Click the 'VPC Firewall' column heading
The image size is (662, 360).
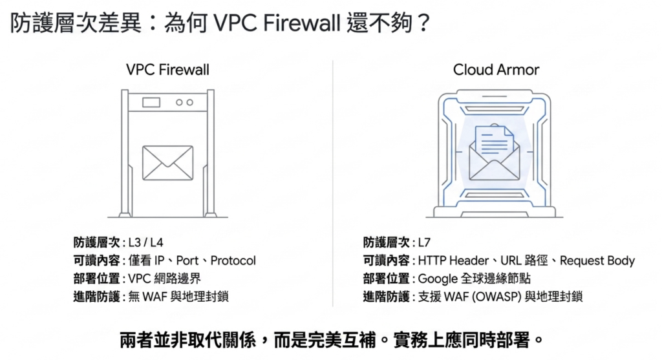click(x=167, y=70)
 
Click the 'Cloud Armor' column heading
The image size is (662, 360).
click(x=496, y=70)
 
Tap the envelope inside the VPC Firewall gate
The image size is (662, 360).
click(x=167, y=162)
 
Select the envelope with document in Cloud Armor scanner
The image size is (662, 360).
click(x=494, y=153)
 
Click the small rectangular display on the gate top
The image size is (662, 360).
click(x=151, y=101)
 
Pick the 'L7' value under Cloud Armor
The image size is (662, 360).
click(x=424, y=243)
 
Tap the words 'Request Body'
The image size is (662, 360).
click(x=597, y=261)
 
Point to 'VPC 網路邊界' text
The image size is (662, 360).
click(x=159, y=279)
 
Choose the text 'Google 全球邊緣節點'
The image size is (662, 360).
click(x=473, y=279)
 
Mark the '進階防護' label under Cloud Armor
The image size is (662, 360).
click(x=386, y=297)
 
